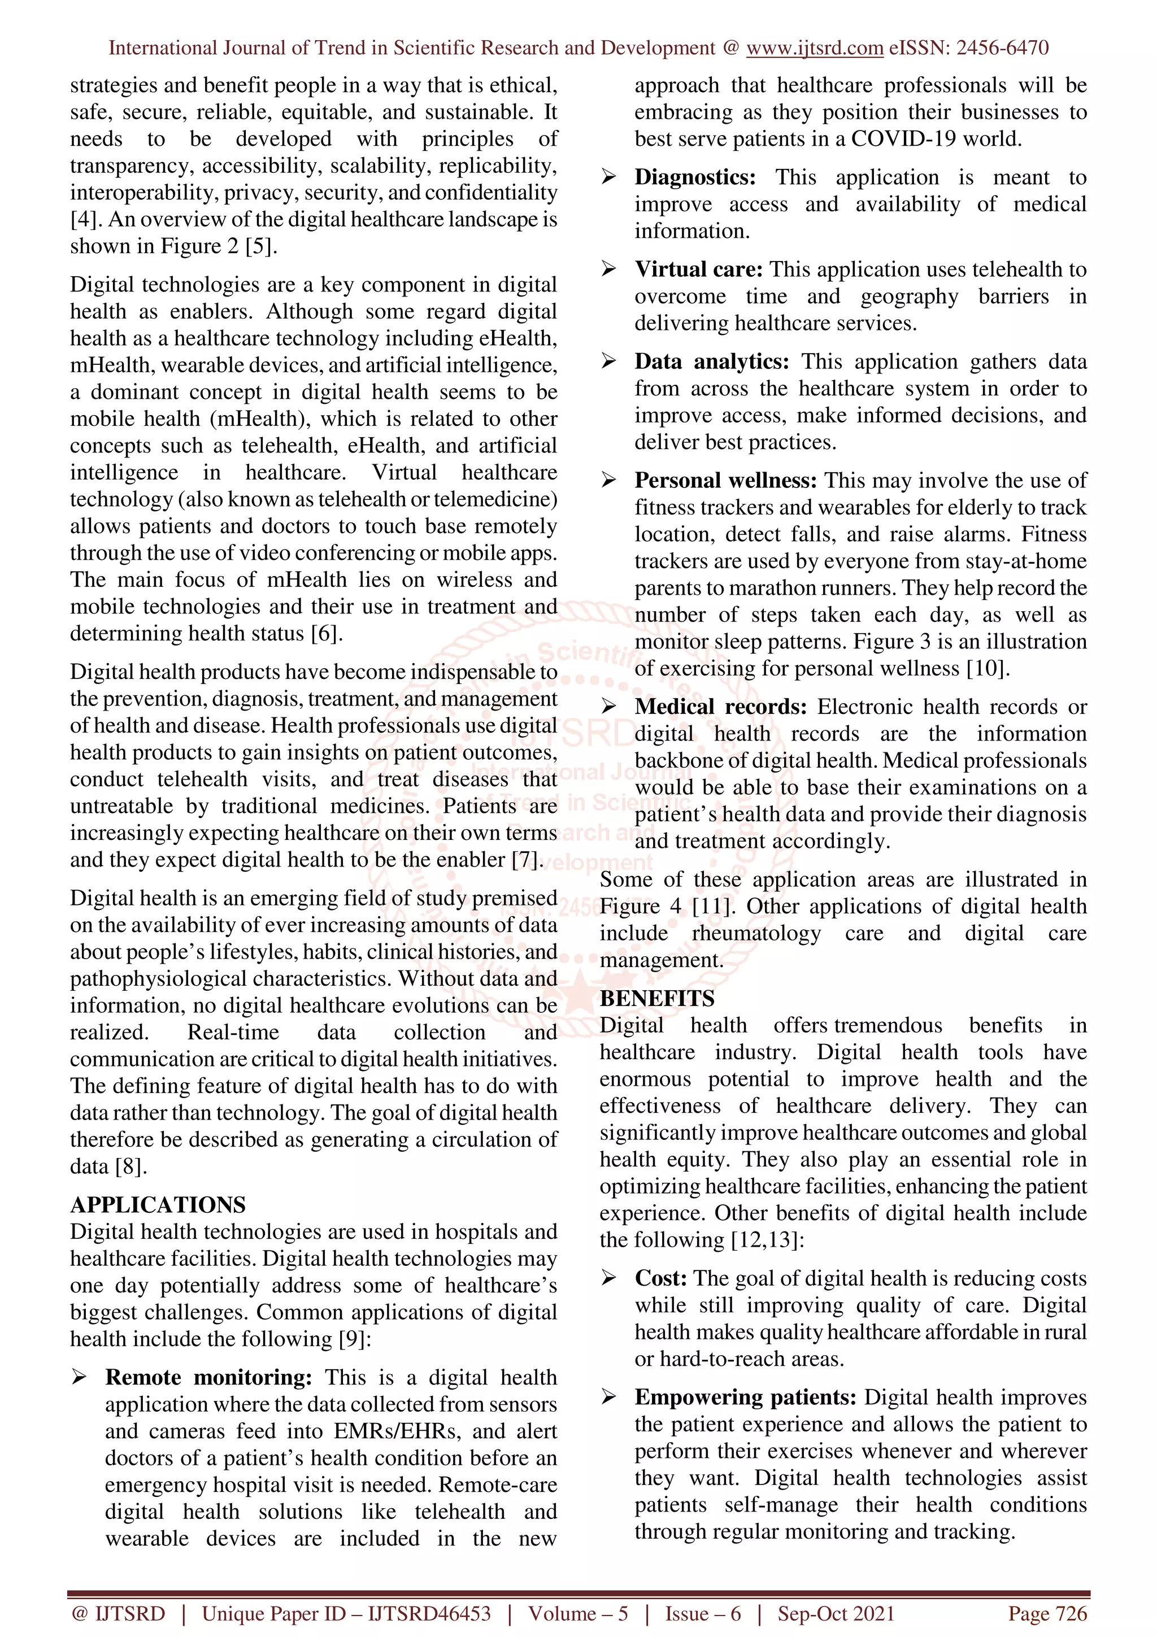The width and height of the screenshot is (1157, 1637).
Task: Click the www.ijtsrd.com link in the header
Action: click(814, 48)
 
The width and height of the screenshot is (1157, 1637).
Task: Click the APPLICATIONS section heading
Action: click(158, 1204)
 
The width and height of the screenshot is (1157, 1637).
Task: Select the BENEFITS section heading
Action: click(656, 998)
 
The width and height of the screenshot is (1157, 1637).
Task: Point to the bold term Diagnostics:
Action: click(695, 177)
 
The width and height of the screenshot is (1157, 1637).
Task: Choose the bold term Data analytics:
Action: click(711, 362)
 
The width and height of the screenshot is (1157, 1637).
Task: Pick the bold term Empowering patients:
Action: click(746, 1397)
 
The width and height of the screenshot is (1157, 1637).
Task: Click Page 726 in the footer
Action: click(1046, 1613)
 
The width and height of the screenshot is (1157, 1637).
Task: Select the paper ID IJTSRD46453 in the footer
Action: click(429, 1613)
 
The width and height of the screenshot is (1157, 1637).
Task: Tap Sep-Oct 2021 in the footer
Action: click(836, 1613)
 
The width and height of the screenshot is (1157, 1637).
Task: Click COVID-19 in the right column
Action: click(903, 138)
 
